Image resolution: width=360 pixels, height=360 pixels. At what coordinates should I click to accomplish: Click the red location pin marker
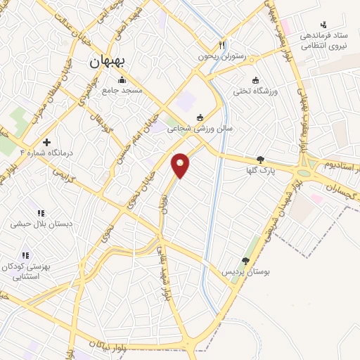pos(181,165)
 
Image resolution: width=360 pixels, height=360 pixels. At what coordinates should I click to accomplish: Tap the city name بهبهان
pos(107,62)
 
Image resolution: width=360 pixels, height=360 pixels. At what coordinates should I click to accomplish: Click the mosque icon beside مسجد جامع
pos(122,79)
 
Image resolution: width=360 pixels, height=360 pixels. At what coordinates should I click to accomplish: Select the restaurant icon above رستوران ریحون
pos(222,43)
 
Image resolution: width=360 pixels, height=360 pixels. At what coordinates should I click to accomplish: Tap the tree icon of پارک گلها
pos(260,160)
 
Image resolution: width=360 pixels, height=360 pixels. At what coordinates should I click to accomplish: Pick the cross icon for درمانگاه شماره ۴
pos(46,142)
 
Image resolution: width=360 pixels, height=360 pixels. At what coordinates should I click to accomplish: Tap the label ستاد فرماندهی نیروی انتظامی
pos(323,41)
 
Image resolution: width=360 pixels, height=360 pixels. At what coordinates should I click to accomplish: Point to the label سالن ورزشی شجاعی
pos(200,129)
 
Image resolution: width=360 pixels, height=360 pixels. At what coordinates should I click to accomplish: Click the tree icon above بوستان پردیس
pos(245,260)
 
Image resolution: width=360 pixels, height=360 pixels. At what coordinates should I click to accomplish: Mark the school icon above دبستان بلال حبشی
pos(40,213)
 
